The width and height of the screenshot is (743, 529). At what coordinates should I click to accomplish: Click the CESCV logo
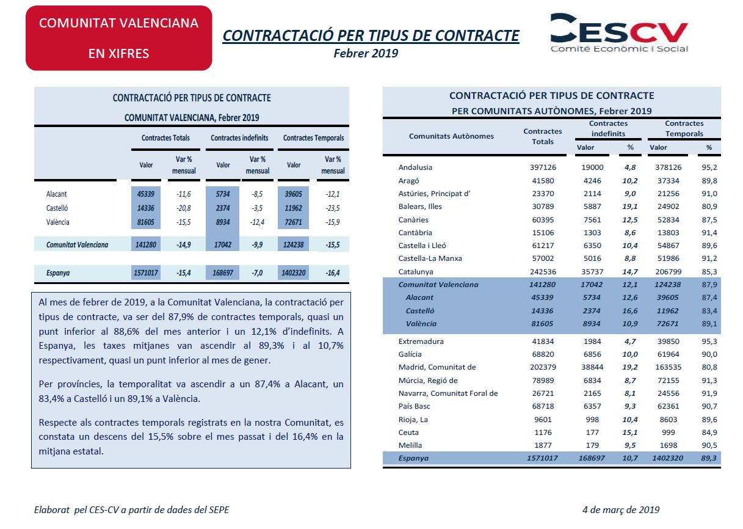click(619, 33)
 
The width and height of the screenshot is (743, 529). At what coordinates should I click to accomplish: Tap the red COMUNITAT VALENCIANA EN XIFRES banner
click(119, 38)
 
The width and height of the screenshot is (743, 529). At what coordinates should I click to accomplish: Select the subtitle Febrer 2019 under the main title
click(366, 53)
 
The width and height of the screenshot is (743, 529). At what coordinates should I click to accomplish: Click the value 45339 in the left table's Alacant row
click(146, 194)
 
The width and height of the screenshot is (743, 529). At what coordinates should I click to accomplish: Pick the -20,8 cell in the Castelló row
click(184, 208)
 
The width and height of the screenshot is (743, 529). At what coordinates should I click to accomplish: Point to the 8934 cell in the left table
click(223, 222)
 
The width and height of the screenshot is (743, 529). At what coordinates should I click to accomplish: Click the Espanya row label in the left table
click(58, 273)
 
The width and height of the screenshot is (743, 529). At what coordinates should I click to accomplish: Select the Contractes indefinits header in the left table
click(239, 137)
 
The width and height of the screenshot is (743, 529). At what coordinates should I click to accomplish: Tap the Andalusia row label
click(415, 167)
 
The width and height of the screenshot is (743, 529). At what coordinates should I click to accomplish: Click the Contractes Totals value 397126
click(543, 167)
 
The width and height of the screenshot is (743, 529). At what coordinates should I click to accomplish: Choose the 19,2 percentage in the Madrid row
click(630, 367)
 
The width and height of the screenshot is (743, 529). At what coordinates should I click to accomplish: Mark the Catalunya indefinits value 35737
click(592, 272)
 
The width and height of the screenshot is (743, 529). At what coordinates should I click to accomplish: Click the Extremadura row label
click(421, 341)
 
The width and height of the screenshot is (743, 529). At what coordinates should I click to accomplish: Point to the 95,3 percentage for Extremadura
click(709, 341)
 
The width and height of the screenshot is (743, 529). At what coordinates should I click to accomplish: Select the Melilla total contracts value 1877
click(543, 445)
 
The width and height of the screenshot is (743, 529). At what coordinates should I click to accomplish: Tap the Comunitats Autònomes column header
click(451, 136)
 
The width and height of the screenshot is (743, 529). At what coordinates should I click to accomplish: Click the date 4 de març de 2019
click(621, 509)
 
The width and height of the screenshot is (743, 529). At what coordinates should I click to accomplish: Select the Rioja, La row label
click(413, 420)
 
